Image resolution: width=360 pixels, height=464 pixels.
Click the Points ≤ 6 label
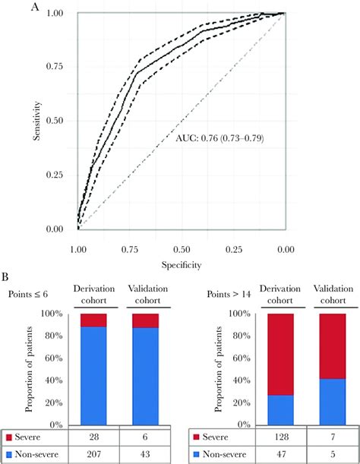pyautogui.click(x=29, y=294)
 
